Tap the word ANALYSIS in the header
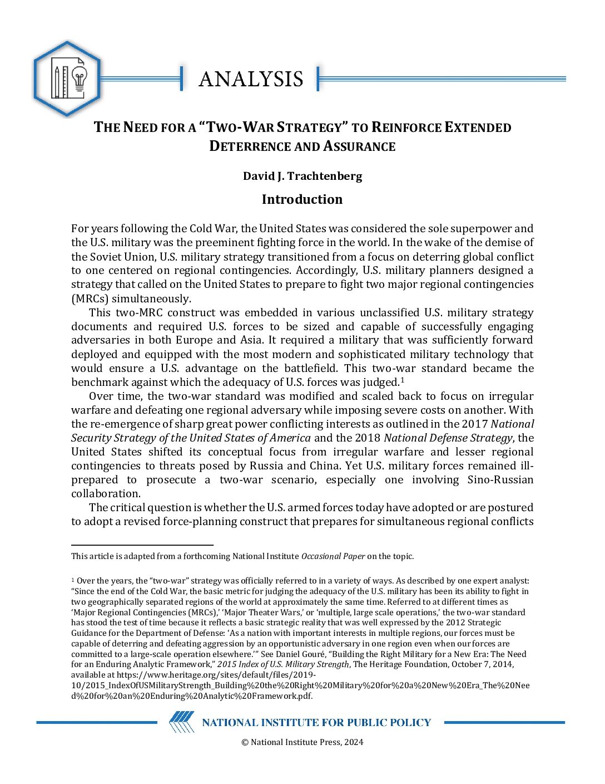pos(251,79)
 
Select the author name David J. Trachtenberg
pos(302,176)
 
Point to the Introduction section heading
pos(302,199)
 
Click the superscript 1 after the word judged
pos(402,380)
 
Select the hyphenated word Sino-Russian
pos(500,479)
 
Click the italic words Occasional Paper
pos(333,556)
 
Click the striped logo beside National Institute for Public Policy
pos(182,722)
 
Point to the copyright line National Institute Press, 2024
pos(302,742)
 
